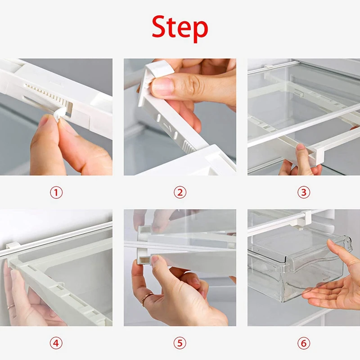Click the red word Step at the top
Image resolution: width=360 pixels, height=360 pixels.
tap(180, 28)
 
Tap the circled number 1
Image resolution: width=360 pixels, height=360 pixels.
tap(56, 193)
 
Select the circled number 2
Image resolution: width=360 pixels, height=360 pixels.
tap(180, 193)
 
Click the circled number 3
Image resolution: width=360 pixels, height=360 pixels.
tap(303, 193)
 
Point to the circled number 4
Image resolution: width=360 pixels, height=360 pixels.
tap(56, 343)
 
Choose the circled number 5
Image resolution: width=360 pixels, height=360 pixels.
tap(180, 343)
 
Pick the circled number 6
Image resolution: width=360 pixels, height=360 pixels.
tap(303, 343)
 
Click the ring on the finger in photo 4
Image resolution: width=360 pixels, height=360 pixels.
tap(11, 306)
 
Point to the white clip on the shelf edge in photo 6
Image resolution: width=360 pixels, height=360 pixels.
tap(306, 217)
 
